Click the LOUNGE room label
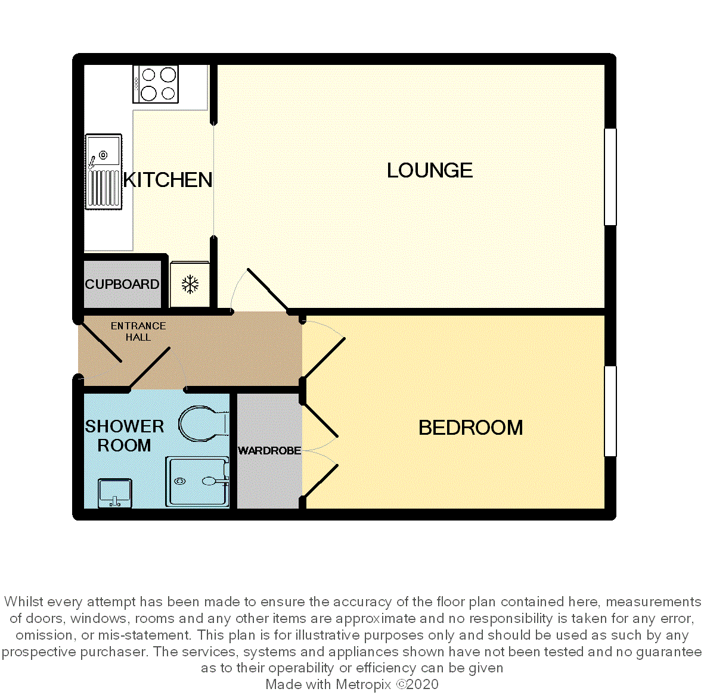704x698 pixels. click(430, 170)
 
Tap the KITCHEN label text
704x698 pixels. click(168, 180)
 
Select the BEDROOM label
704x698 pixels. click(470, 428)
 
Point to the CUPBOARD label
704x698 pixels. click(122, 284)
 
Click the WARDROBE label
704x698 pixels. click(269, 450)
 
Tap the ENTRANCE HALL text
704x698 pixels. click(138, 332)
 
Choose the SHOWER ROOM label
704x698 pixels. click(125, 435)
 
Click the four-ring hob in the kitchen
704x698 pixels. click(156, 85)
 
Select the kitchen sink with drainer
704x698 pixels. click(104, 172)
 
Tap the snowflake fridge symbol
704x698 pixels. click(190, 285)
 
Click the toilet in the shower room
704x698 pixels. click(203, 423)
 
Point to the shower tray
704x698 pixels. click(197, 482)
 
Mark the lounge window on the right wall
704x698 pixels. click(610, 177)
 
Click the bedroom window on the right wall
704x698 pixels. click(610, 412)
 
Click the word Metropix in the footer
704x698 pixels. click(364, 684)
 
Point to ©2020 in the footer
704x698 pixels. click(417, 684)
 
